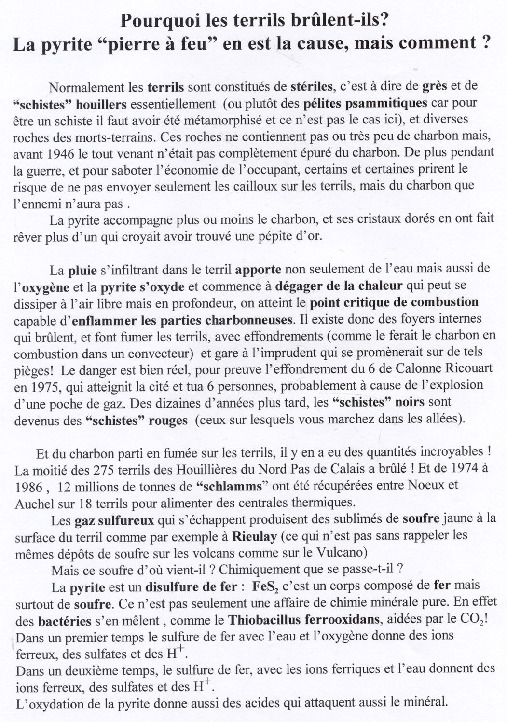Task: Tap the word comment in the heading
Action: pyautogui.click(x=437, y=43)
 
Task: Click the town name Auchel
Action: pyautogui.click(x=31, y=503)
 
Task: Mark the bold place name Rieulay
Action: pyautogui.click(x=254, y=536)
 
